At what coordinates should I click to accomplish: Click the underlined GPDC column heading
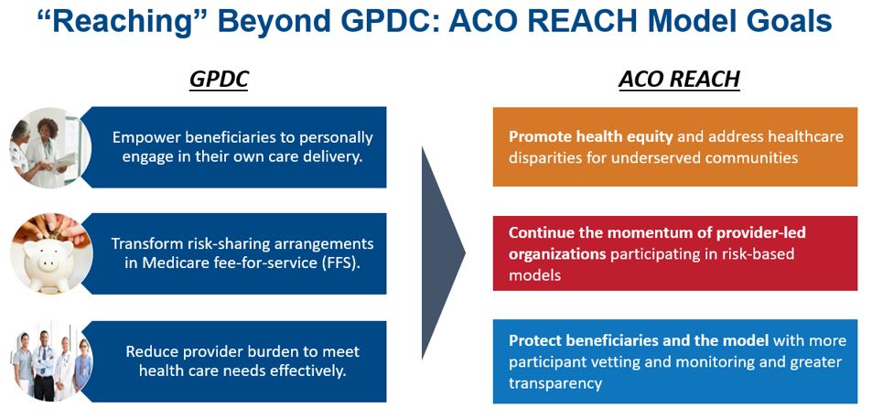(218, 80)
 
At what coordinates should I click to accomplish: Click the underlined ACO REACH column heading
(679, 80)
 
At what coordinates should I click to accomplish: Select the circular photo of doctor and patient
(50, 147)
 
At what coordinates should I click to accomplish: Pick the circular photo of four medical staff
(50, 360)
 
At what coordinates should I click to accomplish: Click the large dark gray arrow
(443, 252)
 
